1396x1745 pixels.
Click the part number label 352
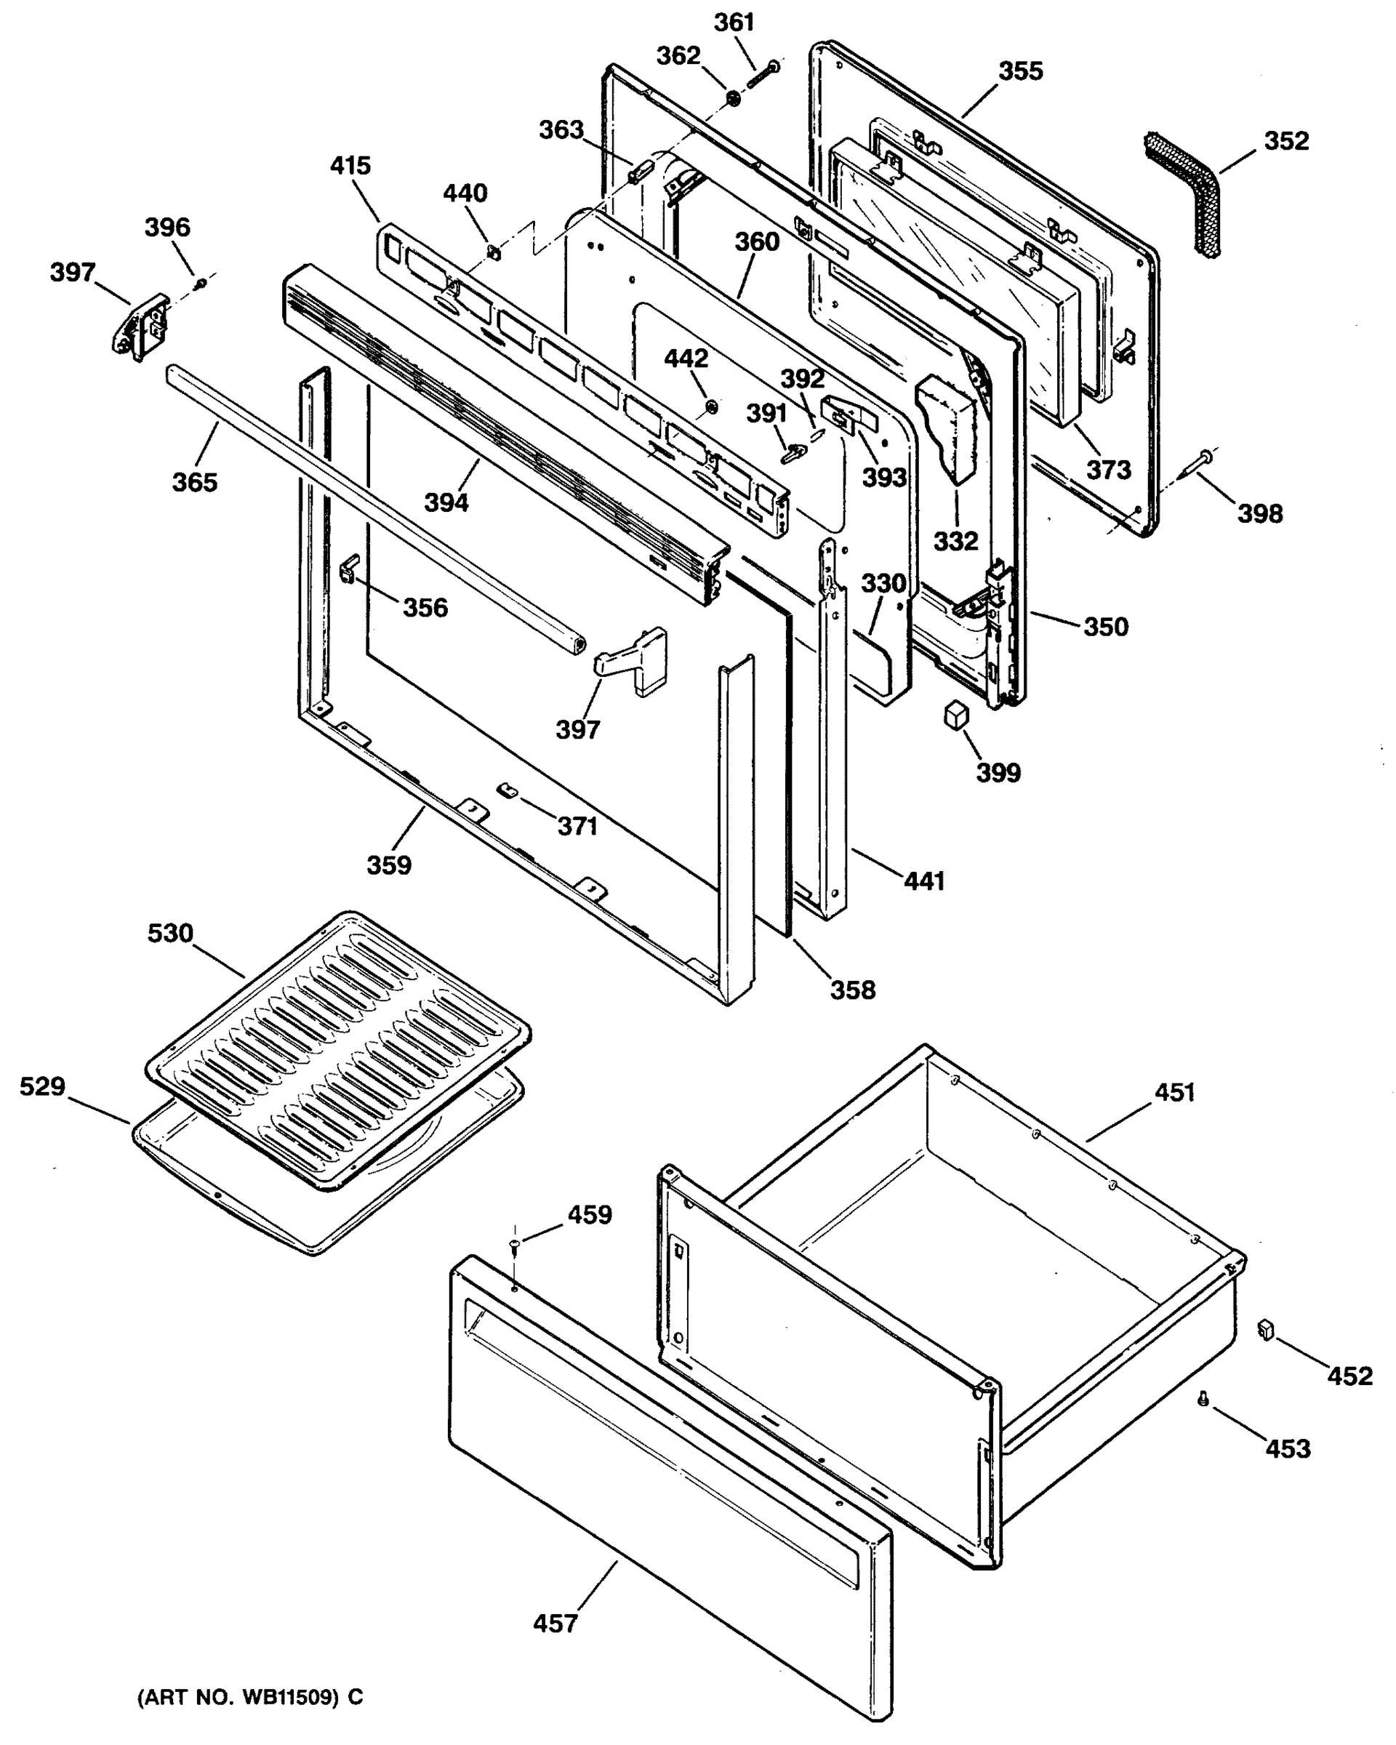point(1286,141)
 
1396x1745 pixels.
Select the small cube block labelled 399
point(957,714)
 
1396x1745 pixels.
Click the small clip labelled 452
point(1266,1328)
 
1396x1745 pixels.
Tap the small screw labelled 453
point(1203,1397)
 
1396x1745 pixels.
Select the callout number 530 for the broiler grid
point(170,933)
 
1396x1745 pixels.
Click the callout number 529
point(42,1086)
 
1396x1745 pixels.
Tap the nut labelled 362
point(733,100)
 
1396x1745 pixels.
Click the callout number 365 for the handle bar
point(195,482)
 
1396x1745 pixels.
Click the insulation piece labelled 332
point(947,429)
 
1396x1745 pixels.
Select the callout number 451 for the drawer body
point(1174,1093)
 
